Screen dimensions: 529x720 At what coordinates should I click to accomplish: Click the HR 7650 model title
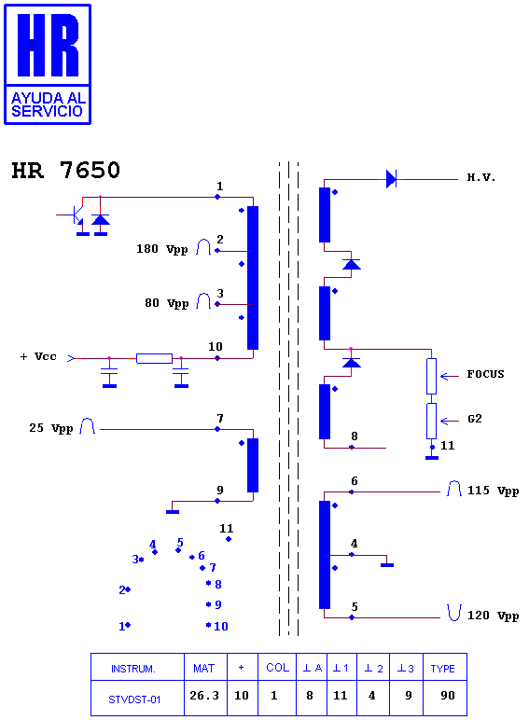point(65,170)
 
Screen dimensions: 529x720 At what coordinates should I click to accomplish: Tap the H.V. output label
point(481,178)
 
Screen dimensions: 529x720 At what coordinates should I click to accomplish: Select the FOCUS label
point(485,374)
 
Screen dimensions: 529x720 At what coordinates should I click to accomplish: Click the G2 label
point(475,419)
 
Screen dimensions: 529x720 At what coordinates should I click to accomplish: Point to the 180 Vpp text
point(162,249)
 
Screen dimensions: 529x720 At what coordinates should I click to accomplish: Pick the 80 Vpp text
point(167,303)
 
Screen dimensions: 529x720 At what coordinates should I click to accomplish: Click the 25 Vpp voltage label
point(51,428)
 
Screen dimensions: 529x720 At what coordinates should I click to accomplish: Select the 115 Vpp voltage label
point(494,491)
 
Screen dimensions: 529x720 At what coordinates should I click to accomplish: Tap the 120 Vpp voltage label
point(494,616)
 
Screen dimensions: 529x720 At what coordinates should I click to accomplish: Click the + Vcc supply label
point(38,357)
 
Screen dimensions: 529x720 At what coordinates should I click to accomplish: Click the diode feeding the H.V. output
point(391,179)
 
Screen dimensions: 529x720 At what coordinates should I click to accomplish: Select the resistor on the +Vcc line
point(154,358)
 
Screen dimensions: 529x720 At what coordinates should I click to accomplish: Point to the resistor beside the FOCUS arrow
point(431,376)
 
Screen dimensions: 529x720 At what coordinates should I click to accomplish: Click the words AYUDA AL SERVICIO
point(48,104)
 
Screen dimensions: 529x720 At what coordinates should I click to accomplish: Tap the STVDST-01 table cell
point(134,699)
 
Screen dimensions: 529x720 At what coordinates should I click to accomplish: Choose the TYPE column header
point(442,669)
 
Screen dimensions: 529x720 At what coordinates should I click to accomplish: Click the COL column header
point(277,668)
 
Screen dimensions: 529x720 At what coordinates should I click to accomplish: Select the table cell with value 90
point(448,695)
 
